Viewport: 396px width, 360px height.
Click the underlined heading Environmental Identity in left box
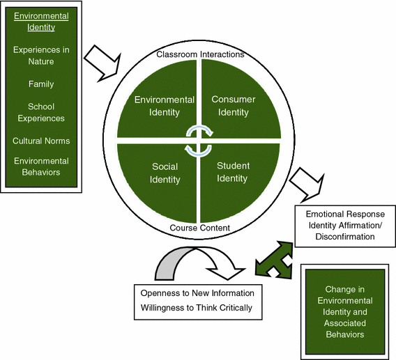click(x=42, y=22)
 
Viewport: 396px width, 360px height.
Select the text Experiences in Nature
click(x=42, y=55)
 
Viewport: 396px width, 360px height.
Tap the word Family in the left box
click(x=42, y=84)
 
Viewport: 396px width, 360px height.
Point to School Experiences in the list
click(x=42, y=113)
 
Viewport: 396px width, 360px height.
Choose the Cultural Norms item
click(x=42, y=141)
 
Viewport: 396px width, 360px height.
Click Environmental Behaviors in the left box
click(x=42, y=167)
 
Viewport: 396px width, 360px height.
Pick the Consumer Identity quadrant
click(x=233, y=106)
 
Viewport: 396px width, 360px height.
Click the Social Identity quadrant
click(x=165, y=173)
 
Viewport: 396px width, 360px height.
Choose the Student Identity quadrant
click(x=233, y=173)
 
